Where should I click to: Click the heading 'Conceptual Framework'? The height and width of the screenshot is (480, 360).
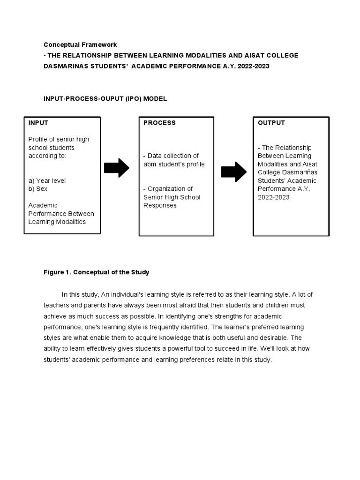point(80,45)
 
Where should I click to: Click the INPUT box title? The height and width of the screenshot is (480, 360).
point(38,123)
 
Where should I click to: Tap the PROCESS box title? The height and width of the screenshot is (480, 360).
point(159,123)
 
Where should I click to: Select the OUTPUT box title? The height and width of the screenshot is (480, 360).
point(271,123)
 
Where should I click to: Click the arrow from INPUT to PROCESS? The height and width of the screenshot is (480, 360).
point(117,168)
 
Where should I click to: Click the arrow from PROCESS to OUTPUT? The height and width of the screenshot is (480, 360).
point(233,172)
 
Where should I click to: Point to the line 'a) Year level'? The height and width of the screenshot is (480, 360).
point(47,180)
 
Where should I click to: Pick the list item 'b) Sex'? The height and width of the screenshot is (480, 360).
point(38,189)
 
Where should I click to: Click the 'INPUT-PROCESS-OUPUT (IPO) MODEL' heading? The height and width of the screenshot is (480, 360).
point(105,99)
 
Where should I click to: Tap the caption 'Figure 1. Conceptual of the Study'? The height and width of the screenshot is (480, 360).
point(97,272)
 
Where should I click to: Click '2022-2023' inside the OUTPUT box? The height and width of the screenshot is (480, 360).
point(274,197)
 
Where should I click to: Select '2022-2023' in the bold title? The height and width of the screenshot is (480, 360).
point(254,67)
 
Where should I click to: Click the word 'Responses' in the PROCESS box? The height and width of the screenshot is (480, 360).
point(160,205)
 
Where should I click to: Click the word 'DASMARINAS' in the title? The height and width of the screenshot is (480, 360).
point(65,67)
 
